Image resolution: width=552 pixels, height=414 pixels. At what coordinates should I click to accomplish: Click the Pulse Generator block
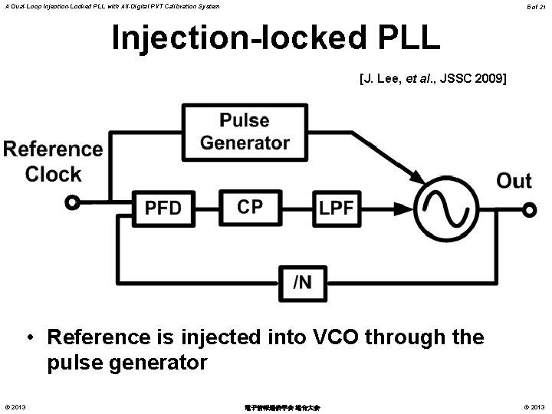245,132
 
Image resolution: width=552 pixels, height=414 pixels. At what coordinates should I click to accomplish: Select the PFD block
163,208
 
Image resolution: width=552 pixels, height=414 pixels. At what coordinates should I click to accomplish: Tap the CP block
249,206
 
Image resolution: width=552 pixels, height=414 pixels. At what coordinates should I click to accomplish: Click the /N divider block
302,283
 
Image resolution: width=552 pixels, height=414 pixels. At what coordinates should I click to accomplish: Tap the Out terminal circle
528,207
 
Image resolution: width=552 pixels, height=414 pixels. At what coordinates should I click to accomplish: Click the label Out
514,181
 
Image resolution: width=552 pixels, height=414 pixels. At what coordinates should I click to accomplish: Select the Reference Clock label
53,161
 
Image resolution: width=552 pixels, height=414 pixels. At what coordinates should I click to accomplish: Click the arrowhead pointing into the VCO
419,179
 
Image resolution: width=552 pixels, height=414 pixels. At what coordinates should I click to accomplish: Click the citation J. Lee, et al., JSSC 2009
432,78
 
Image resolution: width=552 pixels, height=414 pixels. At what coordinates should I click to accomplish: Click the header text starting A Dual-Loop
110,6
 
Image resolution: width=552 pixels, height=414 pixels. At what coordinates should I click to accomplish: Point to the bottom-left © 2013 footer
15,406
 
